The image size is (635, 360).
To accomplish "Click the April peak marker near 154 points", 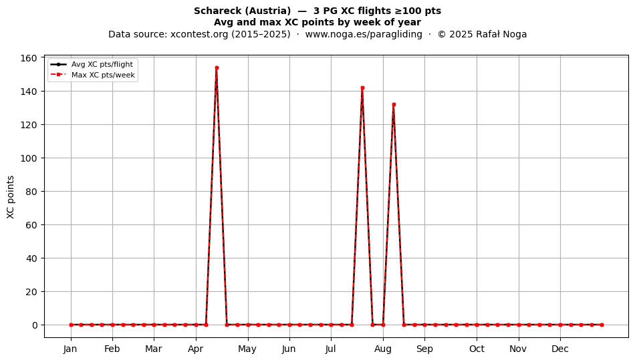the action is [x=217, y=68].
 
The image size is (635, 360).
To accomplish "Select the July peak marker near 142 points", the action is [x=362, y=87].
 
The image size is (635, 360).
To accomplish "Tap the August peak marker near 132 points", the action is [x=394, y=105].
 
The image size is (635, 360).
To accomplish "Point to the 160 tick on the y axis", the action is [x=28, y=58].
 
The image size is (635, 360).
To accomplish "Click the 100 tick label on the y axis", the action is [x=28, y=158].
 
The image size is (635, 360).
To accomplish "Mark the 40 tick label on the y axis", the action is [x=31, y=258].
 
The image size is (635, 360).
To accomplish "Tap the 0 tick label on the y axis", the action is [x=34, y=325].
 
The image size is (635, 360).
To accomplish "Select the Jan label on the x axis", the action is [x=70, y=349].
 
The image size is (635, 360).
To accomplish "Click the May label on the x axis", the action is [x=247, y=349].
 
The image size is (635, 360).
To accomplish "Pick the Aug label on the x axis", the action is [x=383, y=349].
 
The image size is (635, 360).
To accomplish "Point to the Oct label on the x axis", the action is [x=477, y=349].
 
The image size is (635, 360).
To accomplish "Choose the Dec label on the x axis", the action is [x=560, y=349].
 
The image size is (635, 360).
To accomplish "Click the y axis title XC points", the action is [x=11, y=197].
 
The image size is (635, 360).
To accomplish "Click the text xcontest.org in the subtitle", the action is [x=199, y=34].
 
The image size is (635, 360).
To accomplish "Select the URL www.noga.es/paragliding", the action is [x=364, y=34].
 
